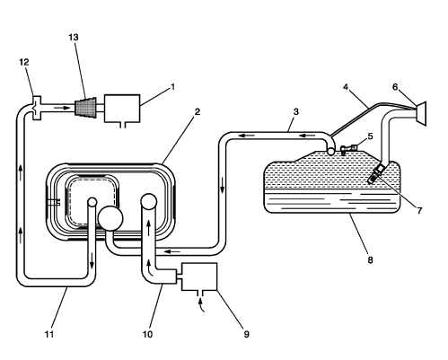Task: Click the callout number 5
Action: click(368, 137)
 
